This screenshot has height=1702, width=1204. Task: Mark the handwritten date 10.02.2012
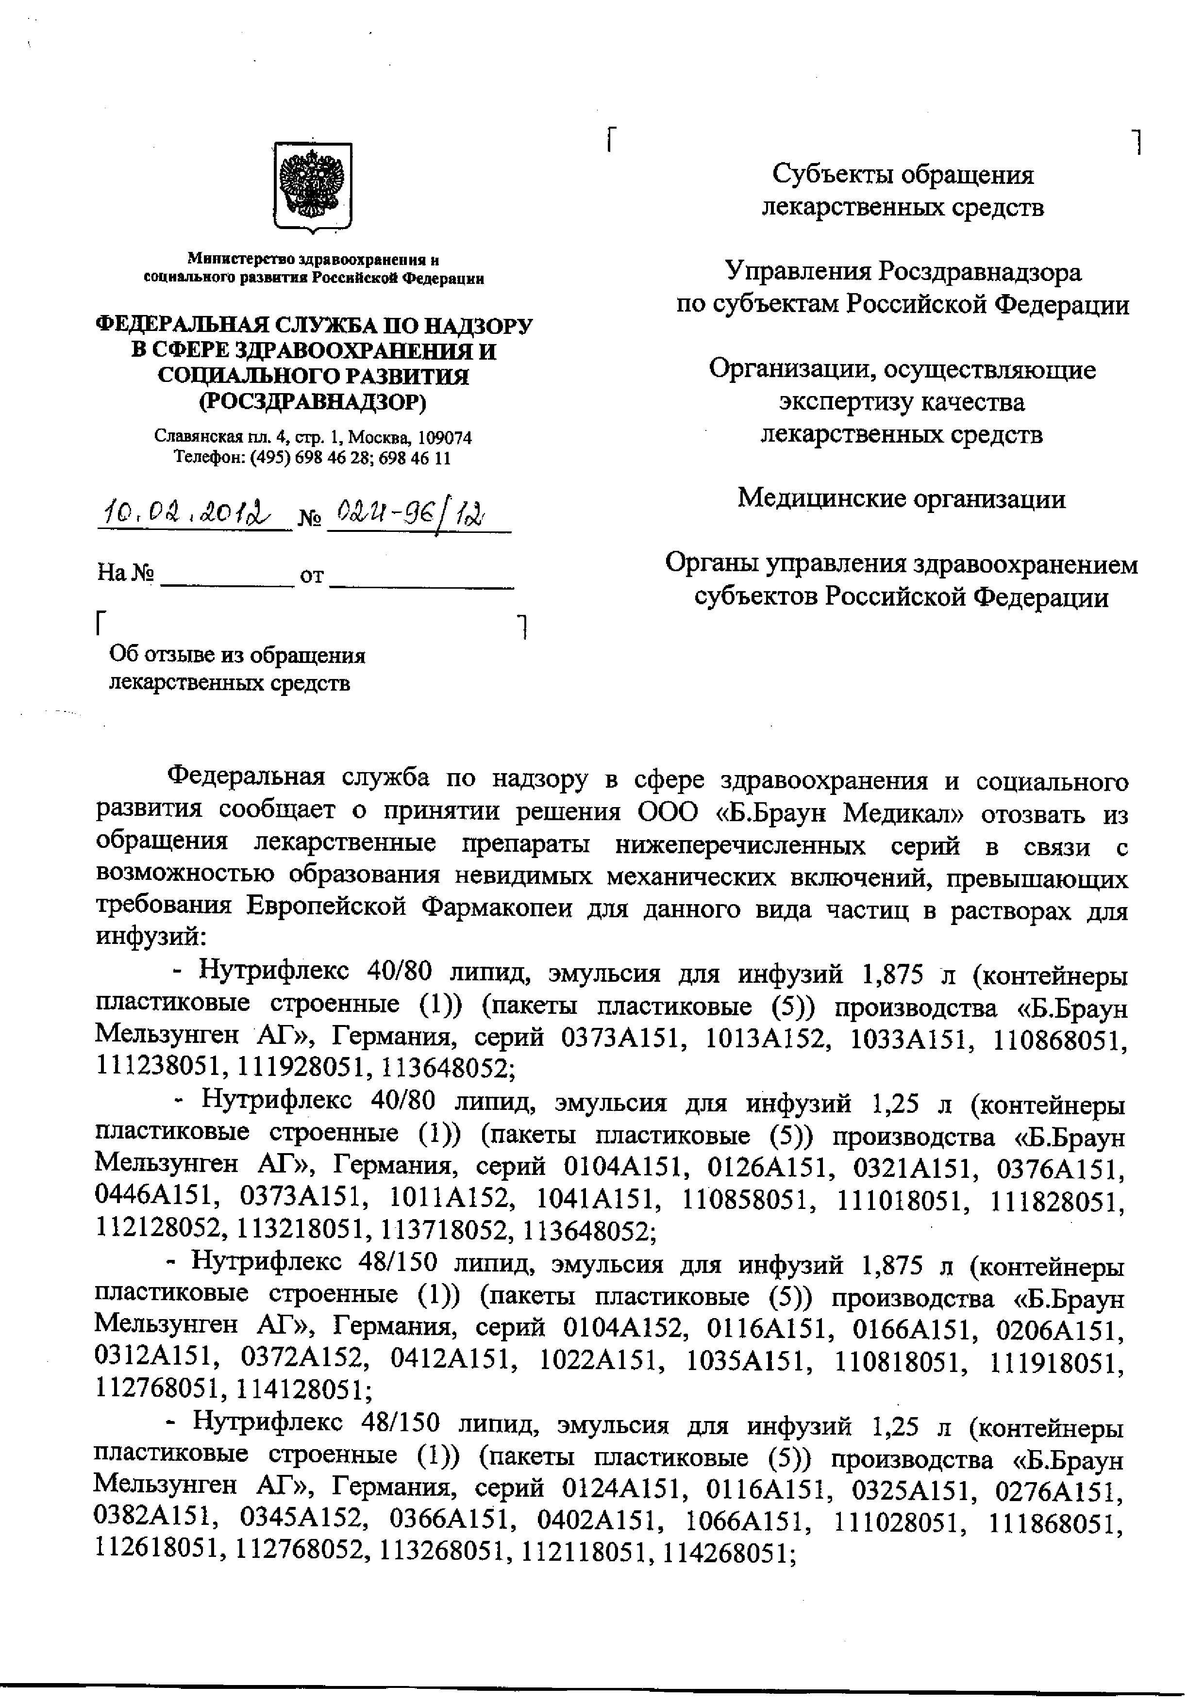(194, 512)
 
